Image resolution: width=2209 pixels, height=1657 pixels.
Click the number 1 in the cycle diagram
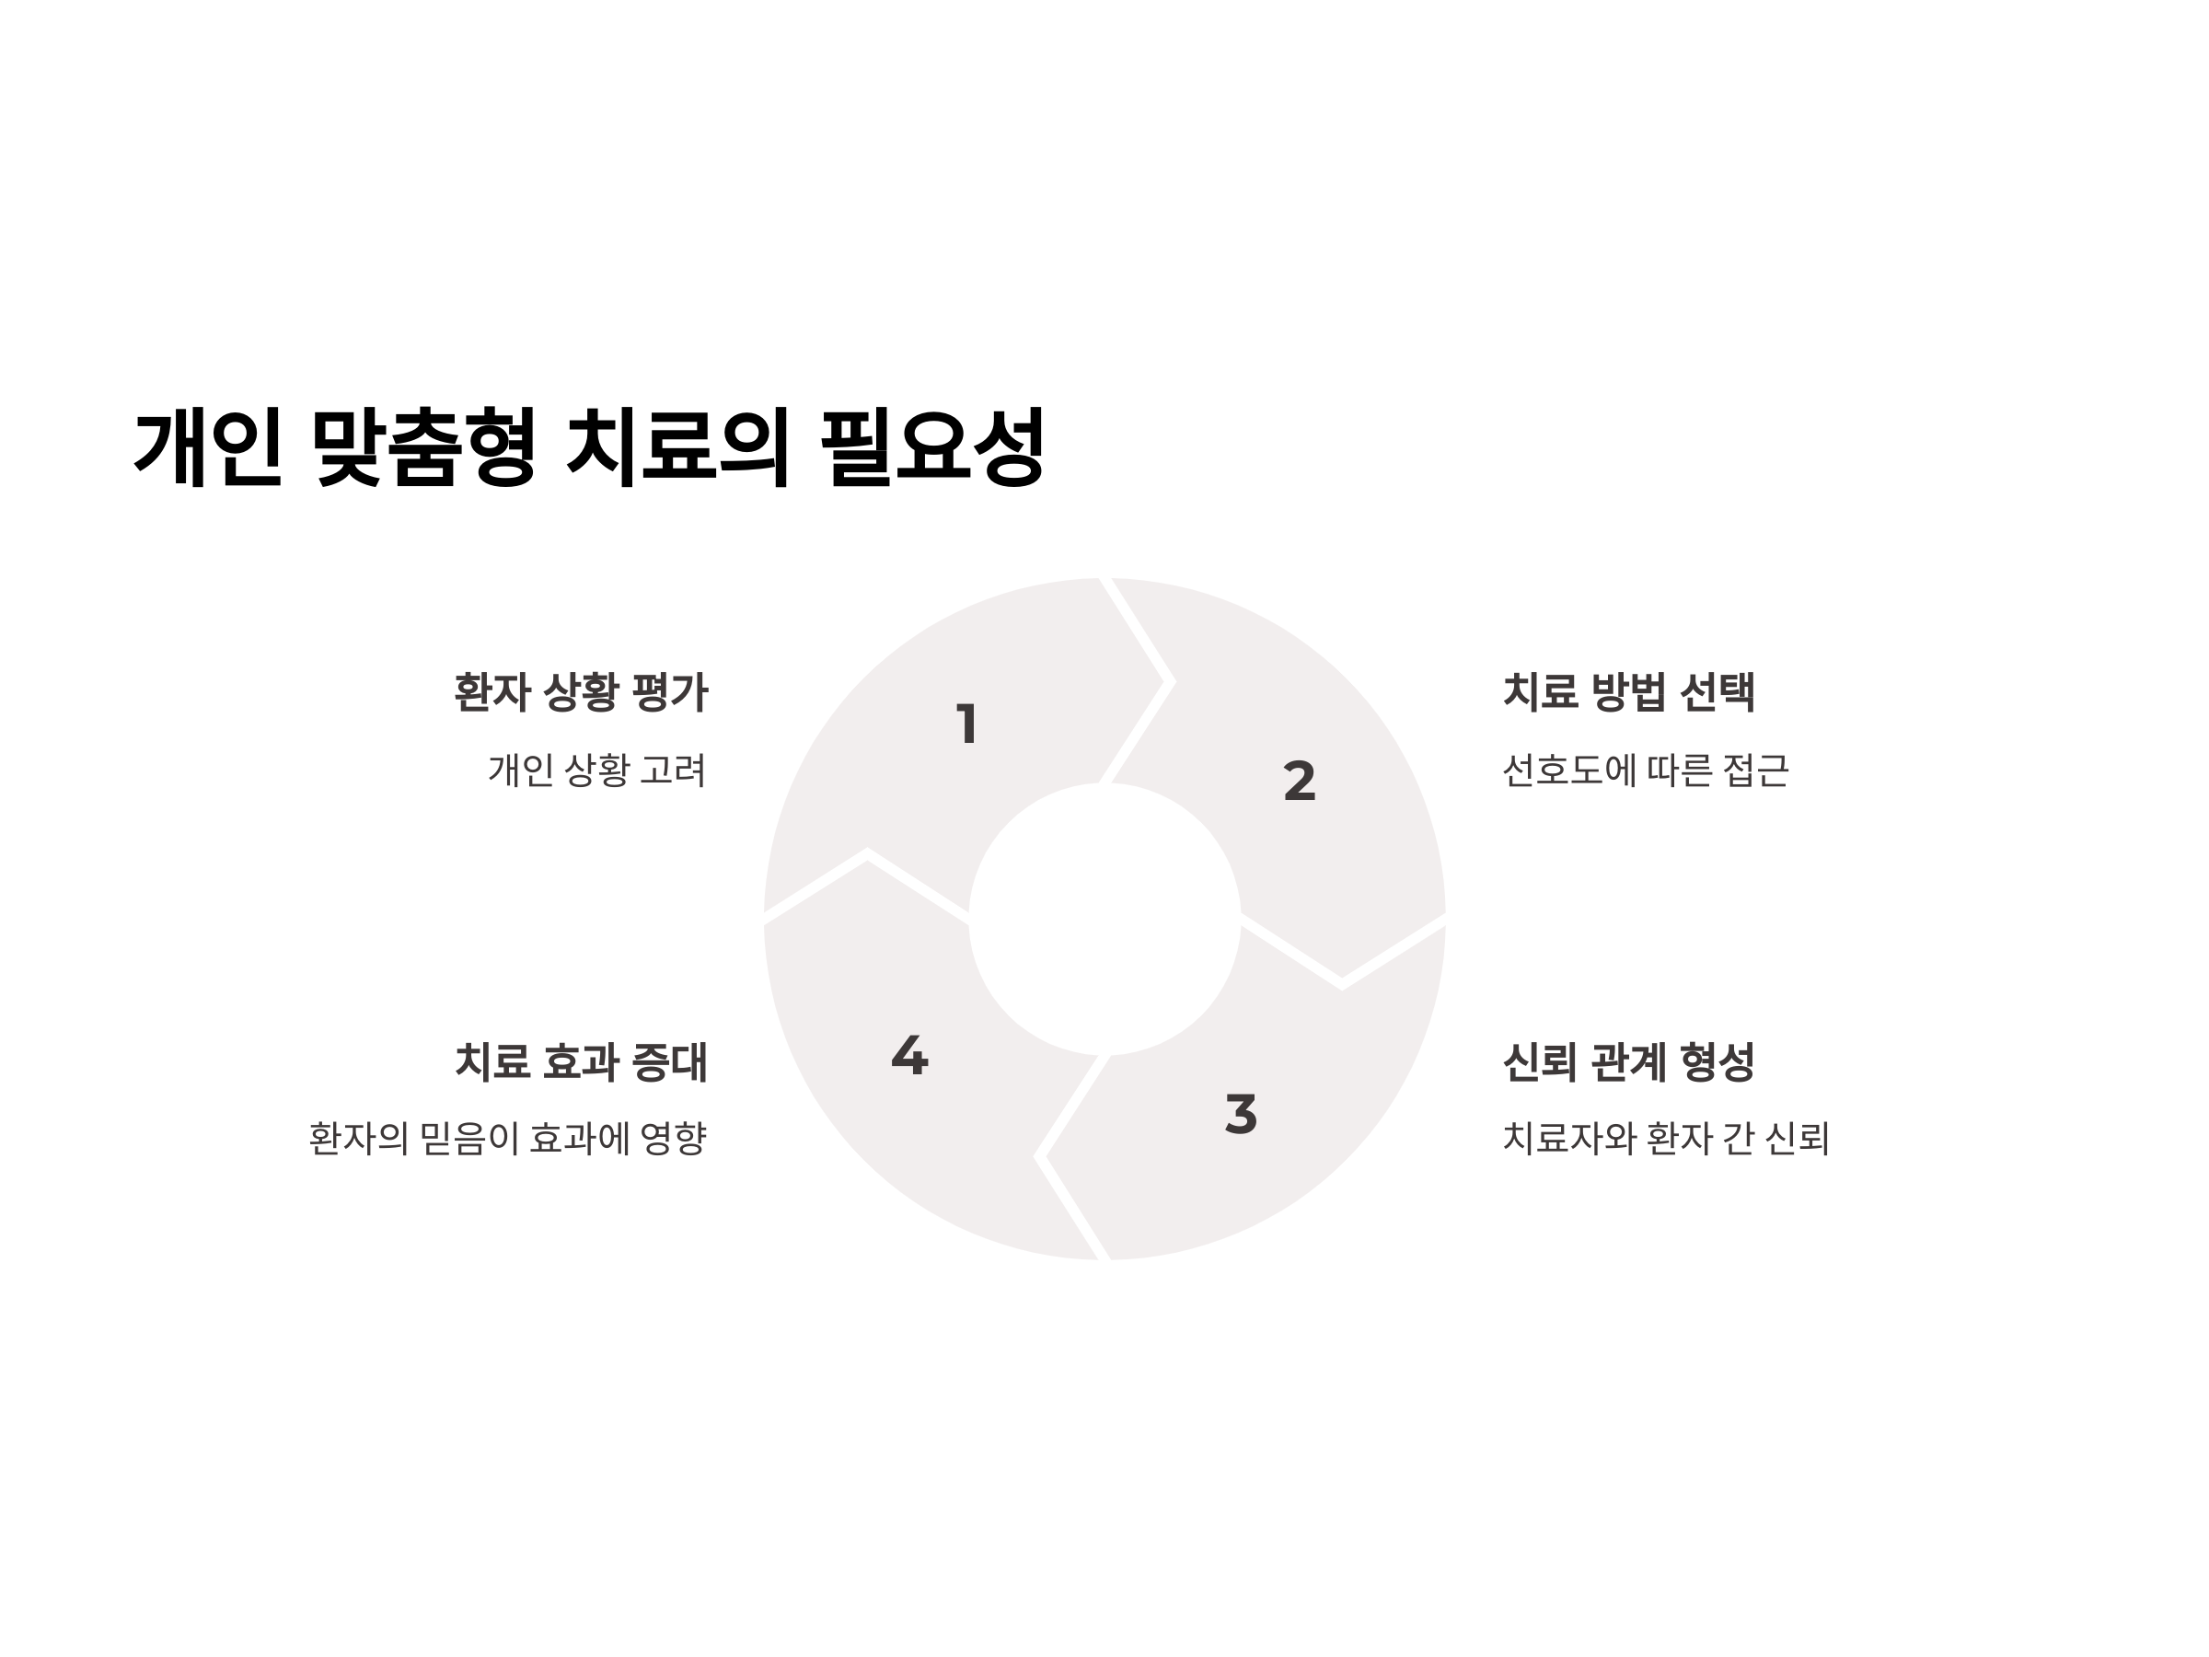pos(966,724)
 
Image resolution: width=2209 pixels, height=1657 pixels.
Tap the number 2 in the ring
pos(1300,780)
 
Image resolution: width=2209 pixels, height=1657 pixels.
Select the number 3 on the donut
pos(1241,1114)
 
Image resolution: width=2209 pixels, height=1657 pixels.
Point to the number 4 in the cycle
pos(909,1055)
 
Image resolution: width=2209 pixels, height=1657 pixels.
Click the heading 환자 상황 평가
pos(580,692)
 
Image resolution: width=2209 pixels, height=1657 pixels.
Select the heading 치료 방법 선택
pos(1628,692)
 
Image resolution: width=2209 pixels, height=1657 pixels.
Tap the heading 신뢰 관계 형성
pos(1628,1061)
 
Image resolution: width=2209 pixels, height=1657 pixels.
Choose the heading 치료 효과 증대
pos(580,1061)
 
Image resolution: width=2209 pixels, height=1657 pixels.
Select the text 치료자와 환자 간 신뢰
pos(1665,1139)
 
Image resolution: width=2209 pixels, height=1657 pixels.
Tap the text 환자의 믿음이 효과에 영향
pos(507,1139)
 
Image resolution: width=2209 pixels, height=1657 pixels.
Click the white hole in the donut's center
pos(1104,919)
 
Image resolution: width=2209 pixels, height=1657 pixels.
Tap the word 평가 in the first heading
pos(670,692)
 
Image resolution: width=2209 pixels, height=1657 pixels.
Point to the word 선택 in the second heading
pos(1717,692)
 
